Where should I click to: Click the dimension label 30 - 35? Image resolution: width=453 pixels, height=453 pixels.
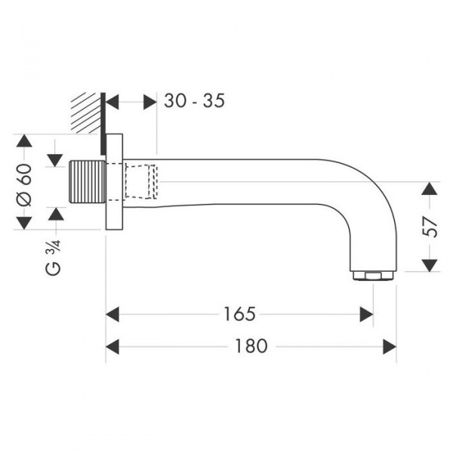tap(194, 100)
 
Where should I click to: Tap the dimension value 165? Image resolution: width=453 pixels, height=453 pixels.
tap(240, 313)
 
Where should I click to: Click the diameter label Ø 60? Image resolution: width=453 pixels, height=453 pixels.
tap(24, 183)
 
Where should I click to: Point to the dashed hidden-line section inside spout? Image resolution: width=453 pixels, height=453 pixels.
tap(140, 182)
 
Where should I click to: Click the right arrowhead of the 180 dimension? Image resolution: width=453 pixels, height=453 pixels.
tap(390, 346)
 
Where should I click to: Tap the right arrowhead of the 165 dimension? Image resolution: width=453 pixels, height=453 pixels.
tap(367, 313)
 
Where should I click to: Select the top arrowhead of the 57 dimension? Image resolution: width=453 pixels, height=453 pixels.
tap(430, 189)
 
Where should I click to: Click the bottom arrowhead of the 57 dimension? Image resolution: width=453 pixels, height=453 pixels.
tap(430, 263)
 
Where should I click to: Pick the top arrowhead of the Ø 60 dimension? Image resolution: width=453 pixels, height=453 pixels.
tap(24, 143)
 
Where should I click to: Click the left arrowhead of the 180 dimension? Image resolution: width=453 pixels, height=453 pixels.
tap(112, 346)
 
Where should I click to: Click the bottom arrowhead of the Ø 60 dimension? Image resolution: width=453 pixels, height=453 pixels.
tap(24, 222)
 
